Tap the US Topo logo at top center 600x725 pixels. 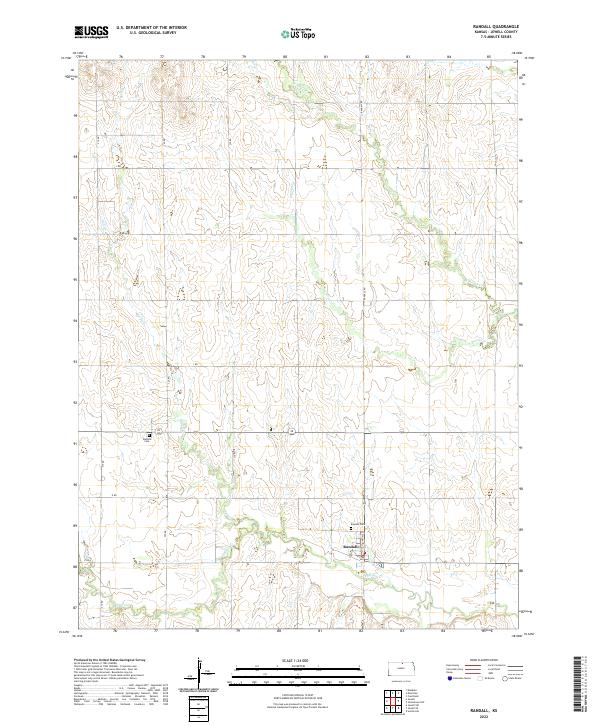[x=298, y=33]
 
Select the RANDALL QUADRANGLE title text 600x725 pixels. [x=503, y=27]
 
